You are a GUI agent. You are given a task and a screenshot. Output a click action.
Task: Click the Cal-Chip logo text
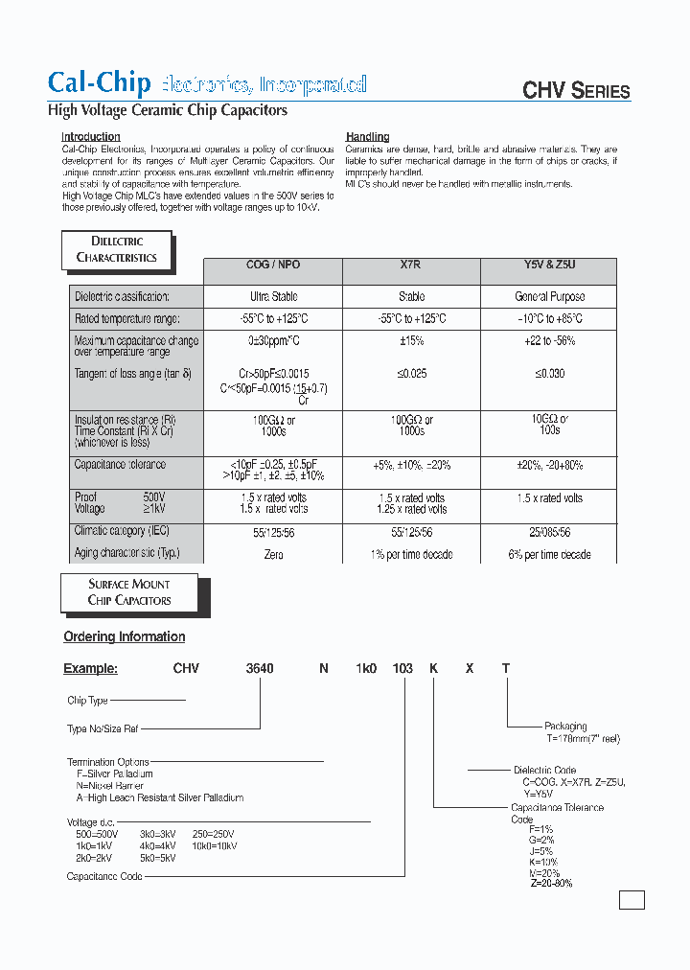99,83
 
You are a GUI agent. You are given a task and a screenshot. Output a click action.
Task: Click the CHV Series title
575,91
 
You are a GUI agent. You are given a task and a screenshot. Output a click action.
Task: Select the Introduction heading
91,137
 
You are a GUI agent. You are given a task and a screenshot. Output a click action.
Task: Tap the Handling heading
367,137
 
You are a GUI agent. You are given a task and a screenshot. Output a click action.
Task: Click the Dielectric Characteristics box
116,249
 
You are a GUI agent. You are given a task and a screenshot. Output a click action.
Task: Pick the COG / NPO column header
273,265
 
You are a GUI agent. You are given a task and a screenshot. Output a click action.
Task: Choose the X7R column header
411,265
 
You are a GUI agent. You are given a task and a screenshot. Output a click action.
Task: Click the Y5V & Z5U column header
549,265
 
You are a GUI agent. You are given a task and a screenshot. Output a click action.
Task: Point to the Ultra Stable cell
273,297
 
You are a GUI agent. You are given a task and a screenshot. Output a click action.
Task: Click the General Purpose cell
549,297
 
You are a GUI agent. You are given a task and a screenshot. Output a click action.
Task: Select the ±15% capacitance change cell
411,341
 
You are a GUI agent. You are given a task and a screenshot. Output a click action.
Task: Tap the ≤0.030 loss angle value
549,374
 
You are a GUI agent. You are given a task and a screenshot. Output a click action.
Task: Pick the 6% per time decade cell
549,555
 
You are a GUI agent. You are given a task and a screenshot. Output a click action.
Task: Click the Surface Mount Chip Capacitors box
129,592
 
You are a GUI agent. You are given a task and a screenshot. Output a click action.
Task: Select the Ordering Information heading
124,636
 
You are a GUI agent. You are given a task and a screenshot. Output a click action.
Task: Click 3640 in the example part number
261,668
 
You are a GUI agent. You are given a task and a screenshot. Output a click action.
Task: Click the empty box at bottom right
632,900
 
